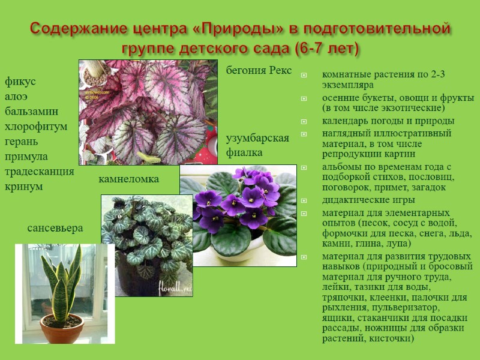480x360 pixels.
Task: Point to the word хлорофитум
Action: [36, 127]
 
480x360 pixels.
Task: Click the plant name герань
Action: [22, 142]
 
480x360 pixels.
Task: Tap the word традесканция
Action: [40, 172]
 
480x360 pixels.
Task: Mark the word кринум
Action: [24, 187]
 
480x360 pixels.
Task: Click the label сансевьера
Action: [55, 228]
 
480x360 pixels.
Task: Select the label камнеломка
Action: [129, 179]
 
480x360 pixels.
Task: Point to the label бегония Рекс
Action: [259, 71]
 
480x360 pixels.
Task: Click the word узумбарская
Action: [257, 139]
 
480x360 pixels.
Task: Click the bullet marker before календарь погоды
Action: [304, 121]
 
